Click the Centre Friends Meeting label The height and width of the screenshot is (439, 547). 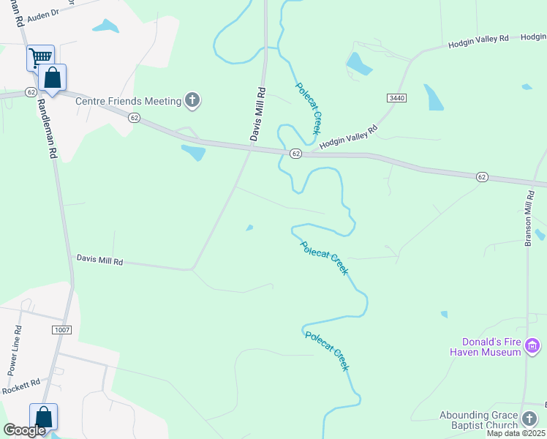[128, 101]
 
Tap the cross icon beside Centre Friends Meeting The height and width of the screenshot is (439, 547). [192, 101]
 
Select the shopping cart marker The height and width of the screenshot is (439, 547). [40, 57]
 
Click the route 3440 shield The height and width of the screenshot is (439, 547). [396, 97]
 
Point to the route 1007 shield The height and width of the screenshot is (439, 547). [61, 331]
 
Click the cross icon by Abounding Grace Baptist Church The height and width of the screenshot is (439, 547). [529, 419]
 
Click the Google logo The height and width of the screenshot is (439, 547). [24, 430]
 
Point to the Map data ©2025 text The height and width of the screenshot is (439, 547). [516, 433]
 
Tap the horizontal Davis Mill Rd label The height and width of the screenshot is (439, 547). [99, 259]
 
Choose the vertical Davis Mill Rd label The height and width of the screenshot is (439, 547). [258, 115]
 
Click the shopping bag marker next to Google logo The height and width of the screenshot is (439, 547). [43, 416]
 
